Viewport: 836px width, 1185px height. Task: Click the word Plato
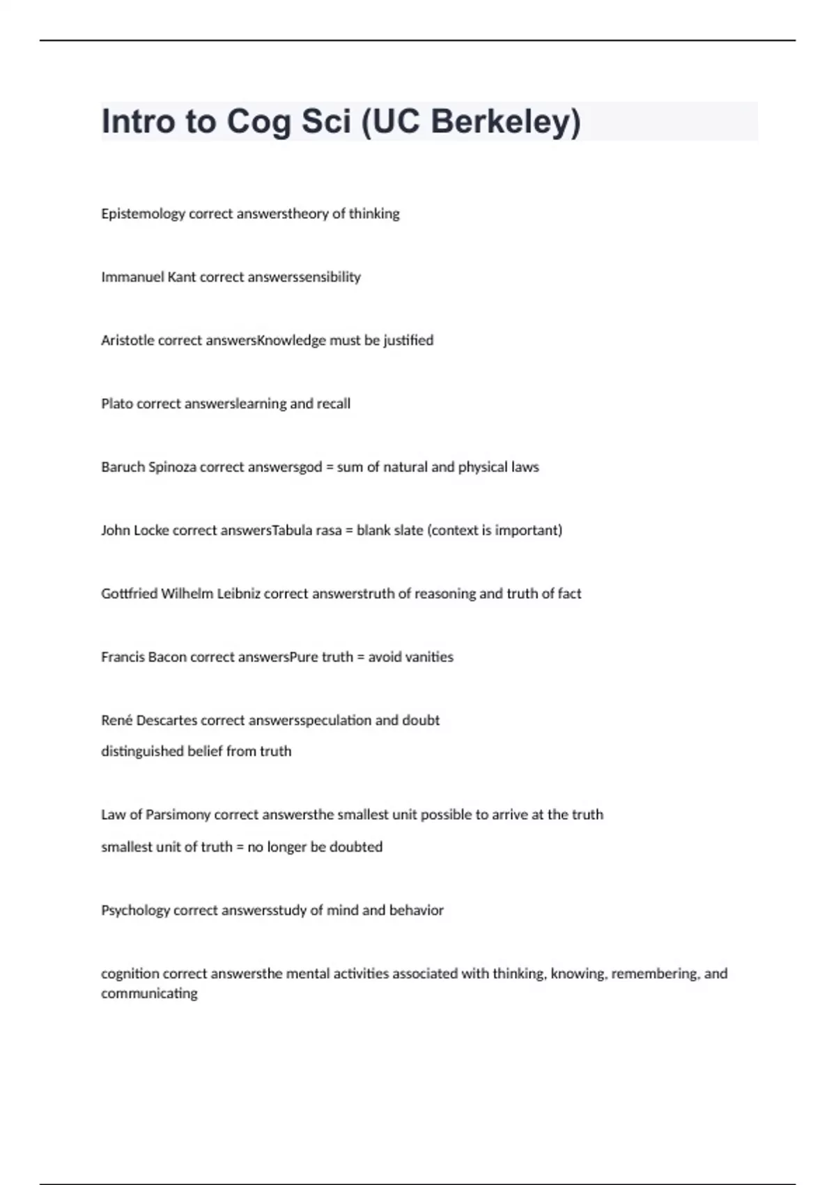click(117, 404)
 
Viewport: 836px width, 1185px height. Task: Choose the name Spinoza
click(172, 467)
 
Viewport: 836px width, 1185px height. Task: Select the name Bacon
click(167, 657)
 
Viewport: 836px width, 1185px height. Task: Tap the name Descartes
click(167, 720)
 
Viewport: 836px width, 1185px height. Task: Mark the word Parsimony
click(177, 815)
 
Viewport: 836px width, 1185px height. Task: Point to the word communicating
click(149, 993)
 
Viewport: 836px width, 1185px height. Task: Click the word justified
click(408, 340)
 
